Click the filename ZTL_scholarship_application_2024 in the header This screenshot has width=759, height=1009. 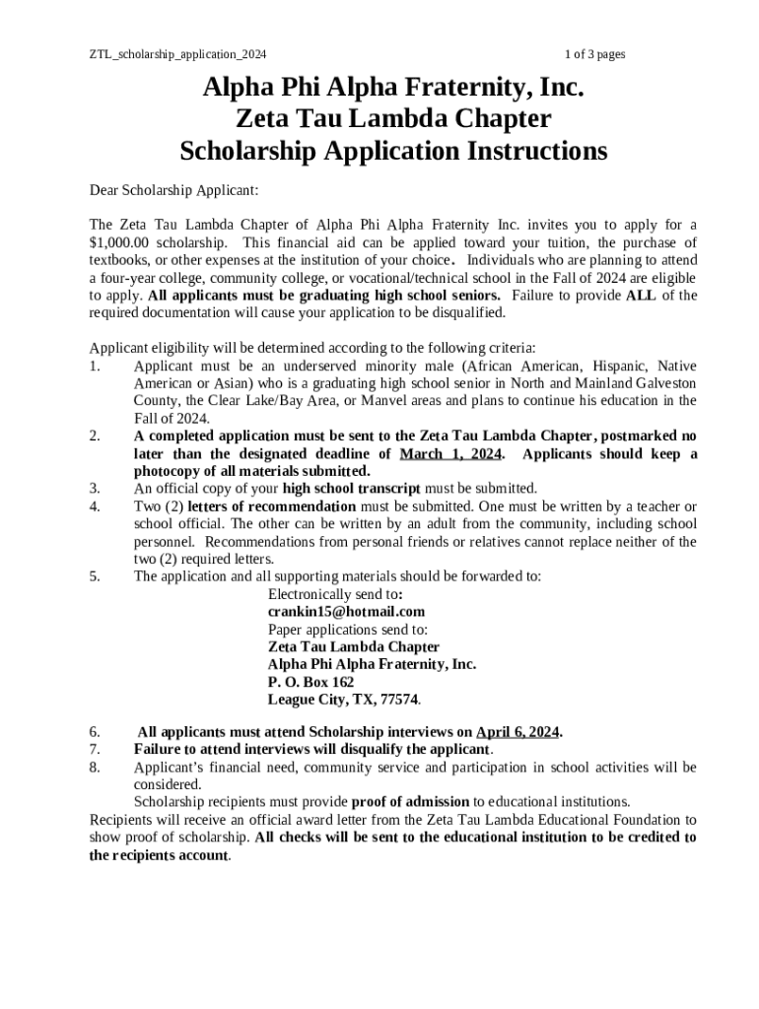pos(177,54)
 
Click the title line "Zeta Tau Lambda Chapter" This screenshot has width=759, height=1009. pos(393,119)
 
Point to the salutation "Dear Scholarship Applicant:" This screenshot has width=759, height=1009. pos(173,189)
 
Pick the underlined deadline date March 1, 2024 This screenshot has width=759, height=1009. pos(450,454)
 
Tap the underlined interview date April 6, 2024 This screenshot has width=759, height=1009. pos(517,732)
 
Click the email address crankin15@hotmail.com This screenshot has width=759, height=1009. pos(346,612)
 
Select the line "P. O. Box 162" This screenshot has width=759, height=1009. pos(310,682)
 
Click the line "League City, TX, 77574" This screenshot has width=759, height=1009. pos(343,700)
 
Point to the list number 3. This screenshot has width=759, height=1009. pos(95,489)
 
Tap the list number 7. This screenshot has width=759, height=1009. pos(95,750)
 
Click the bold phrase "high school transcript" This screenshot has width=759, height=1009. pos(351,489)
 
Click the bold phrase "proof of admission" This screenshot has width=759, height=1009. pos(410,802)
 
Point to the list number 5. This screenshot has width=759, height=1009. pos(95,577)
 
